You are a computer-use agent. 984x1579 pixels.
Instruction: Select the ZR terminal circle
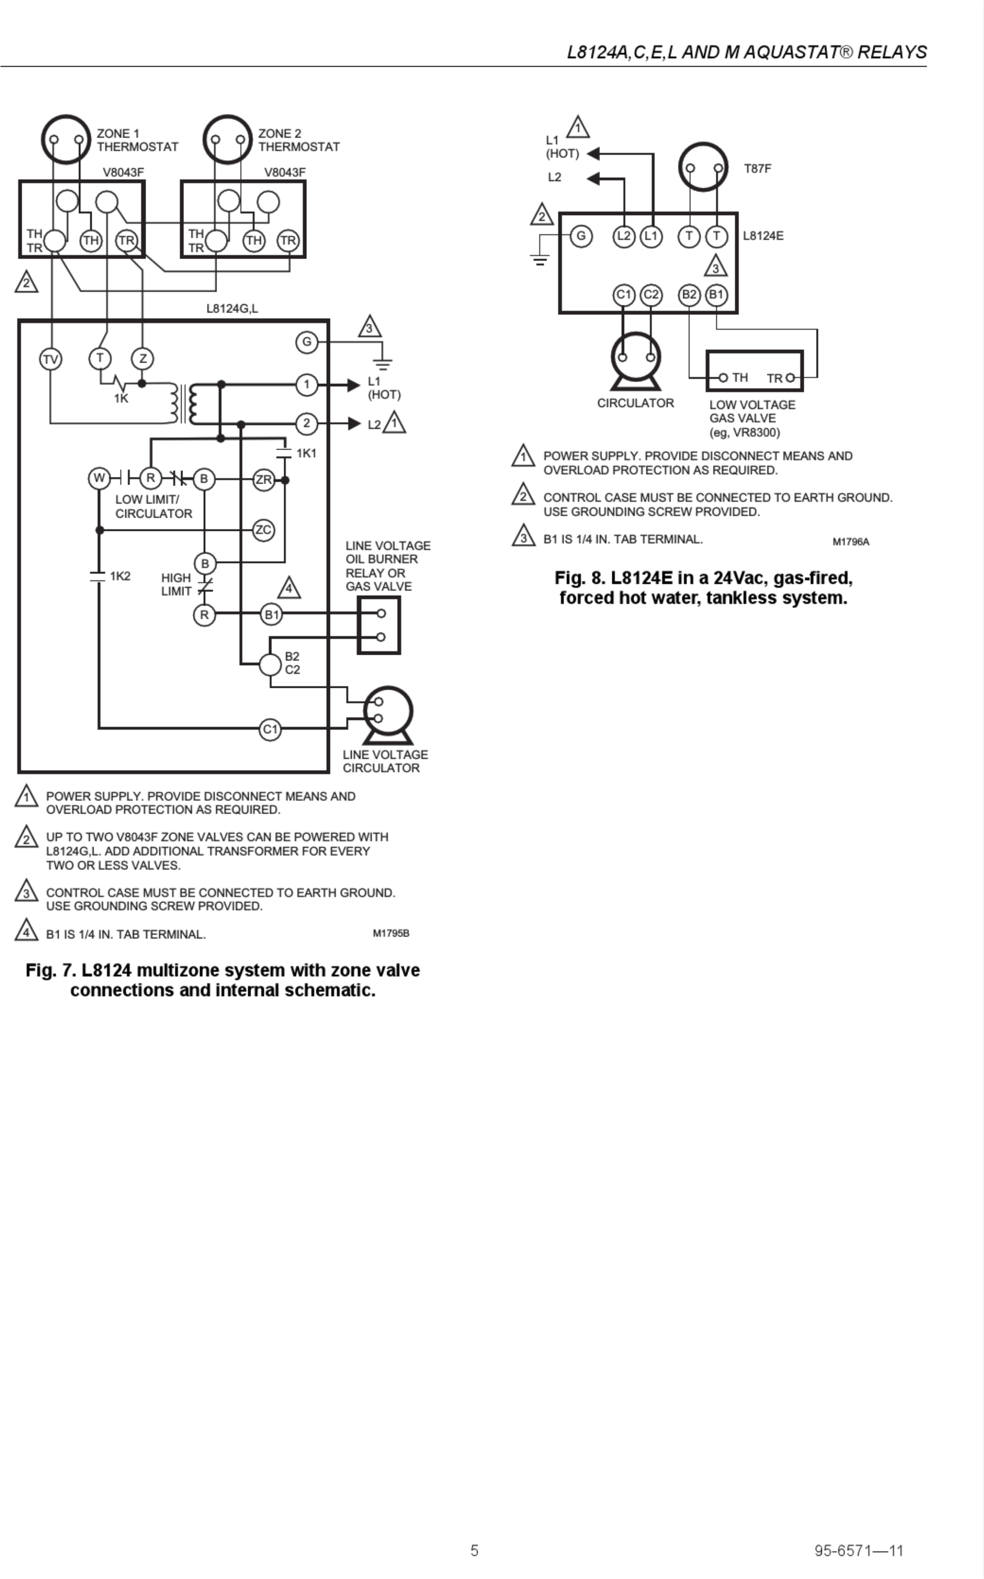pyautogui.click(x=264, y=480)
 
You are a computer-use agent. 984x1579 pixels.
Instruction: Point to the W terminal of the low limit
pyautogui.click(x=99, y=479)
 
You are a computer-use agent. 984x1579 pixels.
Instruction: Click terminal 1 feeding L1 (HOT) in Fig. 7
pyautogui.click(x=306, y=384)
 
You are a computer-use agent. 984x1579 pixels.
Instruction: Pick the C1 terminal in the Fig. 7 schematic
pyautogui.click(x=270, y=729)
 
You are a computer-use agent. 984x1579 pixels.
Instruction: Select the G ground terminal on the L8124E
pyautogui.click(x=581, y=235)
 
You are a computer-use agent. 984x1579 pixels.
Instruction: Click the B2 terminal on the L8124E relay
pyautogui.click(x=689, y=295)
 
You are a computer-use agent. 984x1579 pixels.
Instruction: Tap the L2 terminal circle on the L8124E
pyautogui.click(x=624, y=235)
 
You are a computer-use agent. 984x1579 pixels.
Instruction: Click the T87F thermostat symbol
pyautogui.click(x=703, y=167)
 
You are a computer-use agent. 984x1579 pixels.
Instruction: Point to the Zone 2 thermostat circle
pyautogui.click(x=227, y=139)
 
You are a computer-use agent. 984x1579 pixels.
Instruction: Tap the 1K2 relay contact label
pyautogui.click(x=120, y=576)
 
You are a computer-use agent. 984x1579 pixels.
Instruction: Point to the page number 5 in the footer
pyautogui.click(x=474, y=1550)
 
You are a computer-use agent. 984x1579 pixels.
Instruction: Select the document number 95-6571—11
pyautogui.click(x=859, y=1550)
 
